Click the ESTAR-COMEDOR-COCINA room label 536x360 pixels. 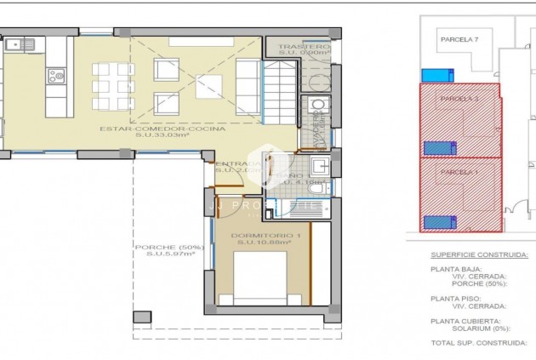click(162, 129)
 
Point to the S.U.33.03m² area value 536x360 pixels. click(162, 136)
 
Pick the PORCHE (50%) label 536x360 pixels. click(169, 248)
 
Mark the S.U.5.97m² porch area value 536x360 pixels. click(169, 255)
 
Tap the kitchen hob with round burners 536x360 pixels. click(57, 77)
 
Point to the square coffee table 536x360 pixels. click(208, 86)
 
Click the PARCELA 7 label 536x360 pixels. click(459, 39)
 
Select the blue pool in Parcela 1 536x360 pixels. click(440, 222)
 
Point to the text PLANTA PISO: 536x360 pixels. click(454, 299)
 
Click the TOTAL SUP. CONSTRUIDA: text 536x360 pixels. click(476, 344)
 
